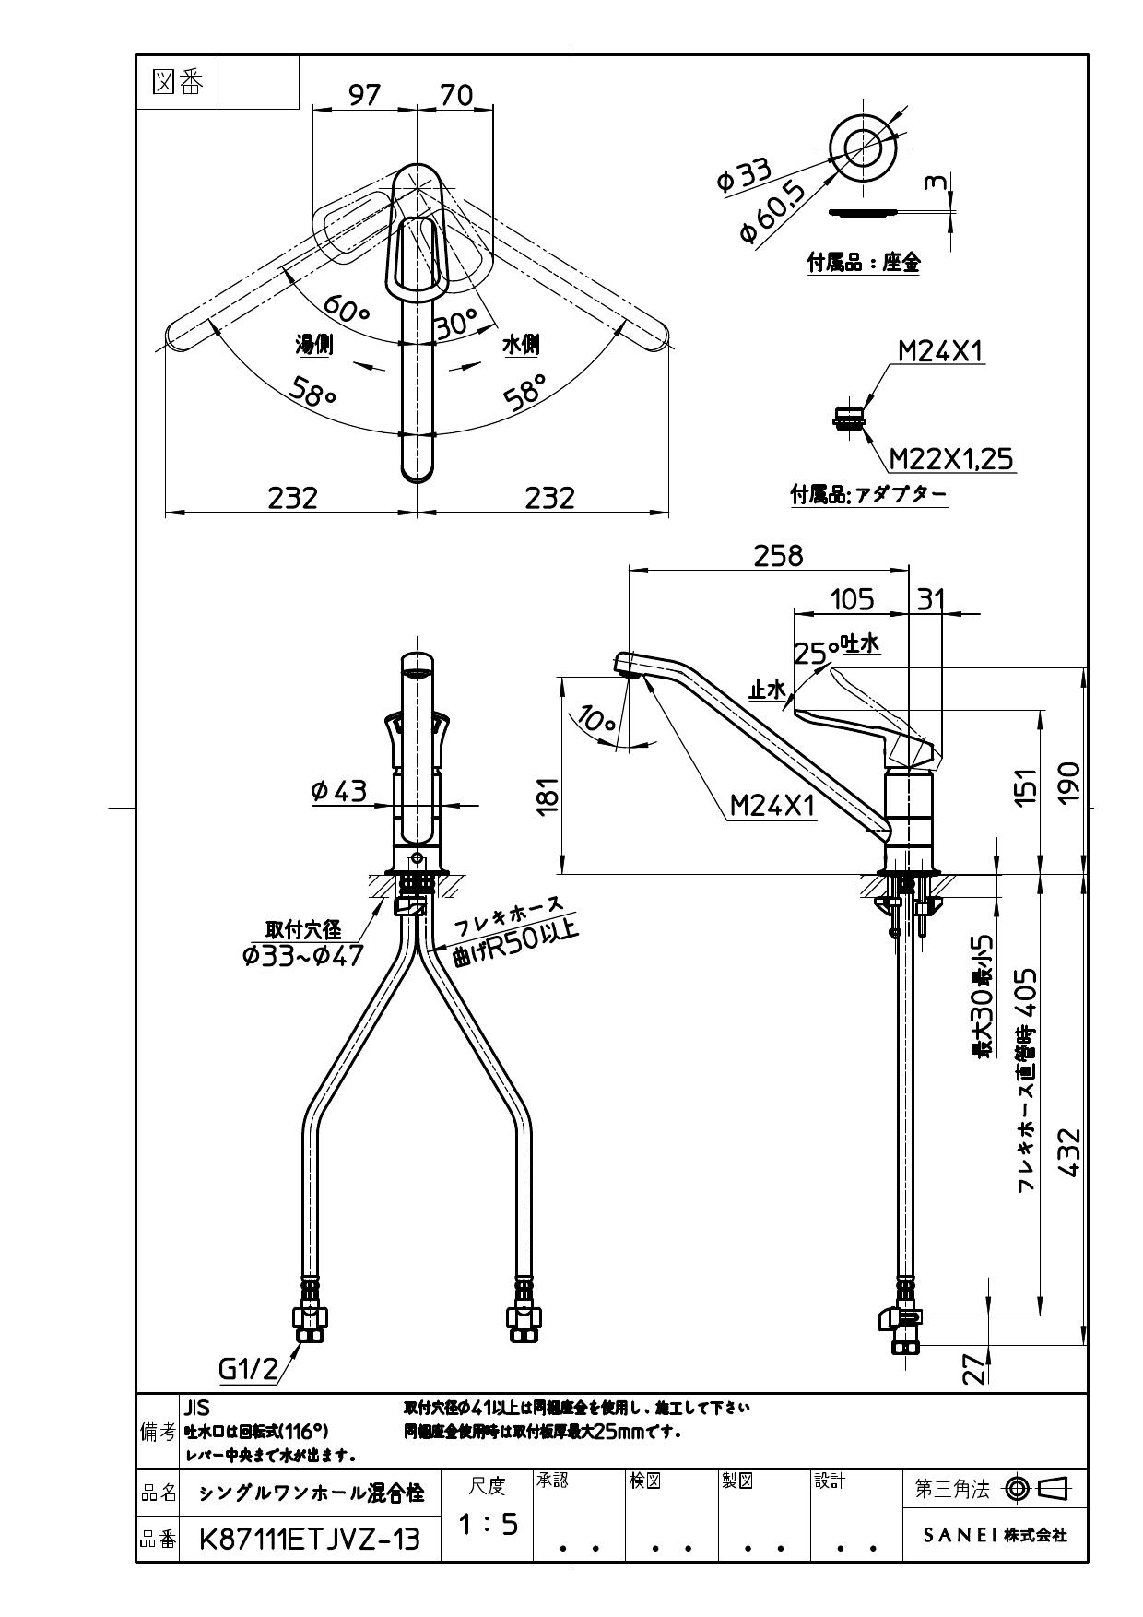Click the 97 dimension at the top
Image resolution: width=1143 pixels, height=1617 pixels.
[364, 95]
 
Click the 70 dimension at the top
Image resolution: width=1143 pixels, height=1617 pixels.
[456, 95]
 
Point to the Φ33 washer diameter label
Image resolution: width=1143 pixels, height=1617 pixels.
[744, 174]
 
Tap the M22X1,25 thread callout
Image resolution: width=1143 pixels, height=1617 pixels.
[950, 458]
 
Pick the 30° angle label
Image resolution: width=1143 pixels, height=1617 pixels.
[456, 323]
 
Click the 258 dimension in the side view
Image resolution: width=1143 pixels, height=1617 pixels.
[778, 556]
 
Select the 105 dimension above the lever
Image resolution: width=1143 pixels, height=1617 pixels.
[851, 600]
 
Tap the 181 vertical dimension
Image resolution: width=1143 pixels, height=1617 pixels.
[548, 795]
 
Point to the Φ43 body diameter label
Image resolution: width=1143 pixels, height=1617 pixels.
[339, 791]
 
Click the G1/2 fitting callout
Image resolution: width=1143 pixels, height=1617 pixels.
[248, 1370]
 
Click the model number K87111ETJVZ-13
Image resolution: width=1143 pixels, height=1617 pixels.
[310, 1539]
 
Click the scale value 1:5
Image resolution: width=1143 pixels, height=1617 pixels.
[488, 1526]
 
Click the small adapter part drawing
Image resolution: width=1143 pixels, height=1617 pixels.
[850, 418]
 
